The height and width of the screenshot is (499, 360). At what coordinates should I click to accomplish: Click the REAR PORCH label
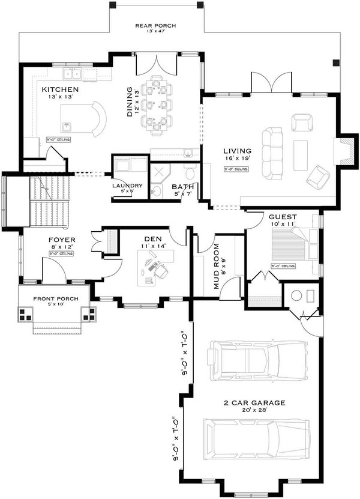(155, 25)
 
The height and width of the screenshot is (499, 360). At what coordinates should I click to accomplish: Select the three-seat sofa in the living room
(274, 153)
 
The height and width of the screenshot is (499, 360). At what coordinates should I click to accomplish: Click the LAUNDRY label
(127, 186)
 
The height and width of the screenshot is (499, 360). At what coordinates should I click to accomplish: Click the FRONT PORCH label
(53, 298)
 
